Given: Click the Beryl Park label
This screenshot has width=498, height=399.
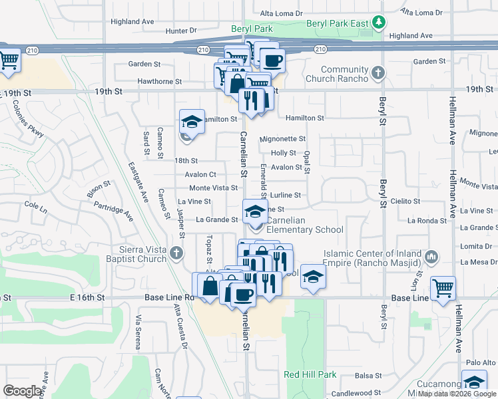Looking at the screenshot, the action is (252, 29).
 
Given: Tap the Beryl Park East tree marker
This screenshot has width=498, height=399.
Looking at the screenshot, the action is (379, 22).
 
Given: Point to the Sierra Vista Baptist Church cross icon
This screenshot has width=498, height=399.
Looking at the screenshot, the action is (176, 253).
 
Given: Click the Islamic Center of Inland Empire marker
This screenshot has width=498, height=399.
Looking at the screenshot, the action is (431, 256).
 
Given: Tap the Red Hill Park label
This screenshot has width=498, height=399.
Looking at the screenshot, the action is (310, 375).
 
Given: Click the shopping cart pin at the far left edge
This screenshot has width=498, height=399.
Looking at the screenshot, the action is (9, 61).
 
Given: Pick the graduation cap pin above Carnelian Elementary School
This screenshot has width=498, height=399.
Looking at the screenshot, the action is (254, 212).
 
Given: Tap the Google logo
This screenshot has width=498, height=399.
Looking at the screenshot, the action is (23, 391).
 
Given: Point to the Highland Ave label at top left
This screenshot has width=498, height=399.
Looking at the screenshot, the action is (132, 21).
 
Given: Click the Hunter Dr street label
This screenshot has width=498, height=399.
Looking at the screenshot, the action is (181, 31).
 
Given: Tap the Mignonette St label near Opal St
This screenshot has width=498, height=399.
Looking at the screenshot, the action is (282, 139).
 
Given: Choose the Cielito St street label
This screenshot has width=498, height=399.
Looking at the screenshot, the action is (405, 201).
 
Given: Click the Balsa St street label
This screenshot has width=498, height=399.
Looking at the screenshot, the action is (368, 376).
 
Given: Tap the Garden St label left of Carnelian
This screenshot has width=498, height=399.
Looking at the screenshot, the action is (148, 65).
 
